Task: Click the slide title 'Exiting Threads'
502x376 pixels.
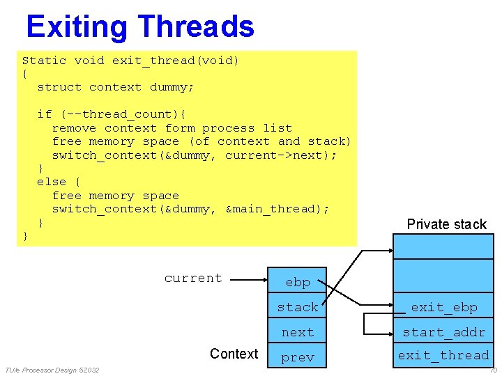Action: click(x=139, y=26)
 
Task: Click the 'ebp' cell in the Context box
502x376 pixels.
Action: click(x=298, y=282)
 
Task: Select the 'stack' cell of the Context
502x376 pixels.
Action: click(x=298, y=307)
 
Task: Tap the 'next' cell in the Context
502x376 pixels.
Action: click(x=298, y=332)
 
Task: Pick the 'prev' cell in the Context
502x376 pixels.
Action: click(x=298, y=357)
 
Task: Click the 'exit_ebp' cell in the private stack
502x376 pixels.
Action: click(x=443, y=307)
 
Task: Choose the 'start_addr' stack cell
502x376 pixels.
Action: click(x=443, y=332)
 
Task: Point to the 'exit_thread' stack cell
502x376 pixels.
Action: click(x=443, y=355)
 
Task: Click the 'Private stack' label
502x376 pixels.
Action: click(x=446, y=224)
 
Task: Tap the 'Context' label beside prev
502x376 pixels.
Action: click(x=234, y=354)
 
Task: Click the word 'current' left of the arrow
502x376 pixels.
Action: click(x=193, y=278)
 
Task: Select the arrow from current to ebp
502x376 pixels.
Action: click(x=247, y=281)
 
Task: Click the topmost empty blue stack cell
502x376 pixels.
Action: click(x=443, y=246)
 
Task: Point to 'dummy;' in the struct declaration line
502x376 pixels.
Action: click(x=172, y=87)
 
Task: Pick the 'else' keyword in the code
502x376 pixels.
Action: click(x=52, y=182)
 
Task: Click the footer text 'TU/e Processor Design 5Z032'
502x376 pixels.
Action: click(x=52, y=370)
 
